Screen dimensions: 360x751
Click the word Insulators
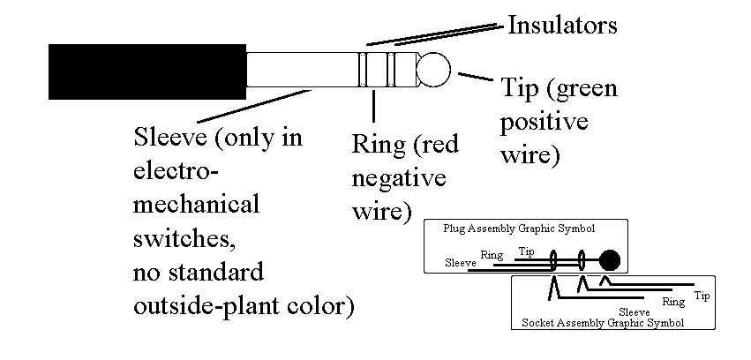(x=562, y=24)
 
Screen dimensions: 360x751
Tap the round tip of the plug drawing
(x=433, y=70)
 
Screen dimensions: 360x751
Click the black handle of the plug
(x=146, y=69)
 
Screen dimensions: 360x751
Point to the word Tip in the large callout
(x=521, y=89)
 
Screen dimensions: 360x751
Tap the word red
(x=438, y=144)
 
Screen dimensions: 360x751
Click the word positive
(x=544, y=123)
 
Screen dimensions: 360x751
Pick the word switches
(x=186, y=238)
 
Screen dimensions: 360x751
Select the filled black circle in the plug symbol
(x=610, y=260)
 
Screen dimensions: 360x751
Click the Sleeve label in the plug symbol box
(x=461, y=262)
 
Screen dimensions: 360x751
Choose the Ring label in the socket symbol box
(x=673, y=302)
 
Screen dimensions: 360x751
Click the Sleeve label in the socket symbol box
(x=635, y=311)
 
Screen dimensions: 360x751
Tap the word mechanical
(x=197, y=205)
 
